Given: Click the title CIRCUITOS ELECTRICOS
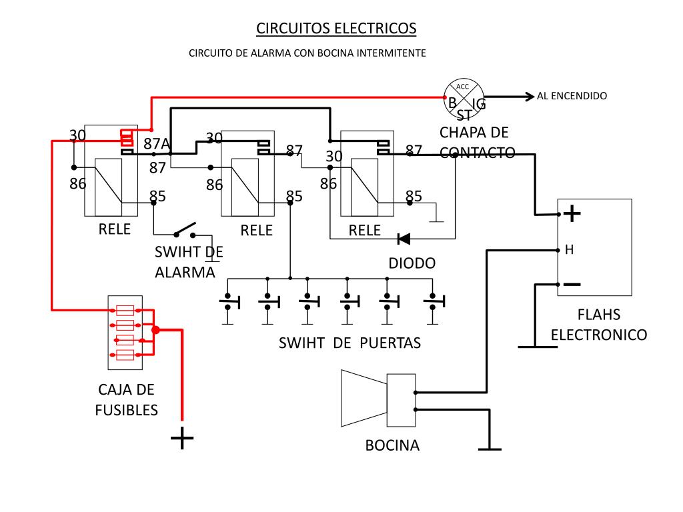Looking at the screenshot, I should point(336,29).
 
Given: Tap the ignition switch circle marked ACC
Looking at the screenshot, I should point(464,97).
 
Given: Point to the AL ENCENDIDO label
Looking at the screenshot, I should point(572,96).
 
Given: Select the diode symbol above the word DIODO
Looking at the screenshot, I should point(404,238).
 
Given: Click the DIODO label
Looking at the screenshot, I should point(412,263).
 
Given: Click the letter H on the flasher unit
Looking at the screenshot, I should point(569,250).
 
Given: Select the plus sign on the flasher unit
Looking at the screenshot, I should point(572,214).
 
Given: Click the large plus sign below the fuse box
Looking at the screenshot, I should point(182,438).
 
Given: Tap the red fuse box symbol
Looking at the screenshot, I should point(125,332).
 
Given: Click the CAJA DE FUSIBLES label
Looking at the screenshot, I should point(127,399).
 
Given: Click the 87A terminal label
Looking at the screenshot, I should point(157,144).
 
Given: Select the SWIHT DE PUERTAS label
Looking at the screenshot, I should point(350,343).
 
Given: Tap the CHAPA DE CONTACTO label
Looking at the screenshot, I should point(477,142).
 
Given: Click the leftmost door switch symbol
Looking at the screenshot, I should point(227,303).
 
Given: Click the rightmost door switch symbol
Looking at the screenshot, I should point(433,303).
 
